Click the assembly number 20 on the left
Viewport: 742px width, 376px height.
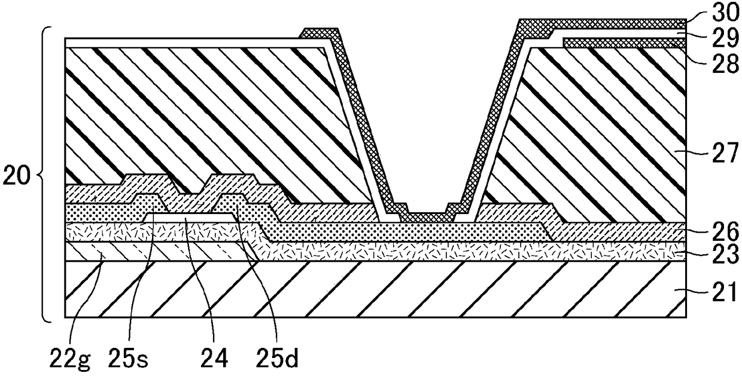tap(16, 176)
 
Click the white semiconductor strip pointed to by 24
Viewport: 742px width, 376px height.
tap(190, 218)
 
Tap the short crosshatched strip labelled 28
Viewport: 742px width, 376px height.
tap(624, 43)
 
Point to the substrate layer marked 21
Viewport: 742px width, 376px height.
tap(375, 289)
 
